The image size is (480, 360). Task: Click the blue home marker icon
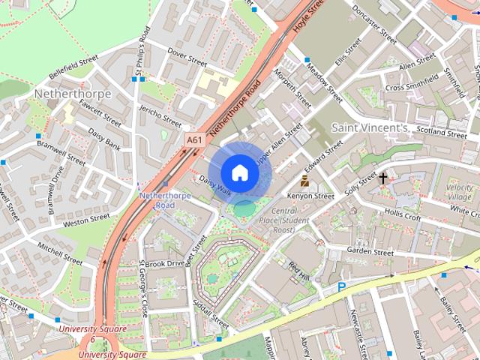pyautogui.click(x=239, y=172)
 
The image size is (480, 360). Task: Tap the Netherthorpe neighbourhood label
pyautogui.click(x=73, y=94)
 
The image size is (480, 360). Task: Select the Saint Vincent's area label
pyautogui.click(x=370, y=128)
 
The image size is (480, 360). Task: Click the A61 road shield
pyautogui.click(x=194, y=139)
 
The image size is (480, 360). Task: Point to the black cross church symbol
pyautogui.click(x=383, y=178)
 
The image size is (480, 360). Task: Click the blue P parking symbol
pyautogui.click(x=341, y=287)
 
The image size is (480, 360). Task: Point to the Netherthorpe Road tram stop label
pyautogui.click(x=157, y=199)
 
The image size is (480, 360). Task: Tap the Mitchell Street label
pyautogui.click(x=59, y=253)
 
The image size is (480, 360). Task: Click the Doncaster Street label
pyautogui.click(x=373, y=25)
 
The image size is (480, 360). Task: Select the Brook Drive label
pyautogui.click(x=163, y=264)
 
